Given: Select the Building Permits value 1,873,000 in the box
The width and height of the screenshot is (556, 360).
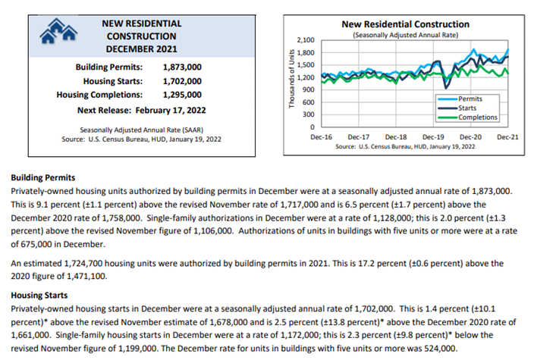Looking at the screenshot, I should (x=182, y=67).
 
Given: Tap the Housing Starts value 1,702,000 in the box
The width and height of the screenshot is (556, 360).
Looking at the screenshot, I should (x=182, y=80).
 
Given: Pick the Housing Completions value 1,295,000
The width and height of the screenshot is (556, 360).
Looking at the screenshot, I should (x=182, y=95).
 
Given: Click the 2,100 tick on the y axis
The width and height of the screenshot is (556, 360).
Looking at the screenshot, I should (x=304, y=39).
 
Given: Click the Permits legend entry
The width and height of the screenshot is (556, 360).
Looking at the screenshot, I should (x=470, y=99).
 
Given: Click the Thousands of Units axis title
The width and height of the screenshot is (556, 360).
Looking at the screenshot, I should (x=291, y=80).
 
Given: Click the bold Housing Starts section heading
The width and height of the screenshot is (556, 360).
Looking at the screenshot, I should (x=39, y=295).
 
